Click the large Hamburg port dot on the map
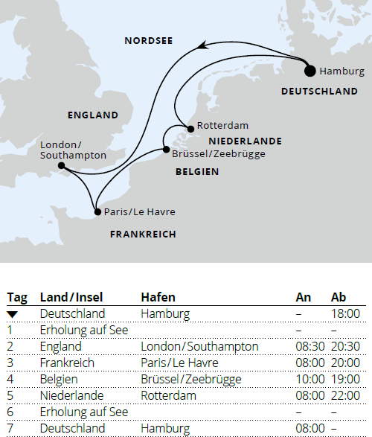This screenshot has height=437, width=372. point(310,71)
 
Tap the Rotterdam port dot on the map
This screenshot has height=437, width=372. point(190,129)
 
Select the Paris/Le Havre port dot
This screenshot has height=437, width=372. point(97,211)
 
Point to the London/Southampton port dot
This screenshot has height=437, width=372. point(60,166)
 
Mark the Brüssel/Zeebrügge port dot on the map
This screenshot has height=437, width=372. point(165,150)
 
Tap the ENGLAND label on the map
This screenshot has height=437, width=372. point(93,115)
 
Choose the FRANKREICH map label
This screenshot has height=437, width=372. point(143,234)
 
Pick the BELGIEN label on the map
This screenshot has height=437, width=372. point(197,171)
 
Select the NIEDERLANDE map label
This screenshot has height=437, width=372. point(245,141)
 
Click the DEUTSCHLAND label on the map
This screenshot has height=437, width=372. point(319,91)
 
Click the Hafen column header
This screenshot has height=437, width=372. point(158,298)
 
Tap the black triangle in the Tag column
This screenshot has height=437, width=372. point(12,315)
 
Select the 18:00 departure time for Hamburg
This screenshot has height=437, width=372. point(345,314)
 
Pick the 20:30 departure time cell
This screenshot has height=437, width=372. point(345,346)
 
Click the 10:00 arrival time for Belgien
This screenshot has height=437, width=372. point(310,379)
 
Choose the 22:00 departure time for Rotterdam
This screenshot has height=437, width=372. point(345,395)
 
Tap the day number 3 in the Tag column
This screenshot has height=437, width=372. point(10,363)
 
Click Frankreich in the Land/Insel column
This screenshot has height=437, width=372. point(67,363)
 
